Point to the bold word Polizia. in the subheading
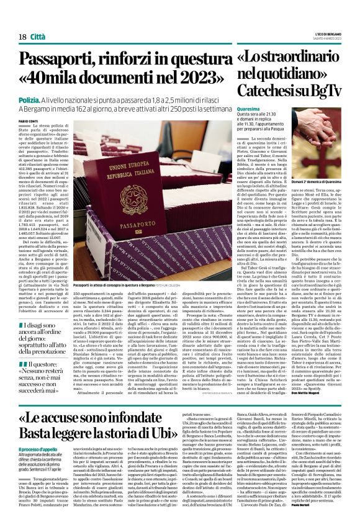point(29,99)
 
